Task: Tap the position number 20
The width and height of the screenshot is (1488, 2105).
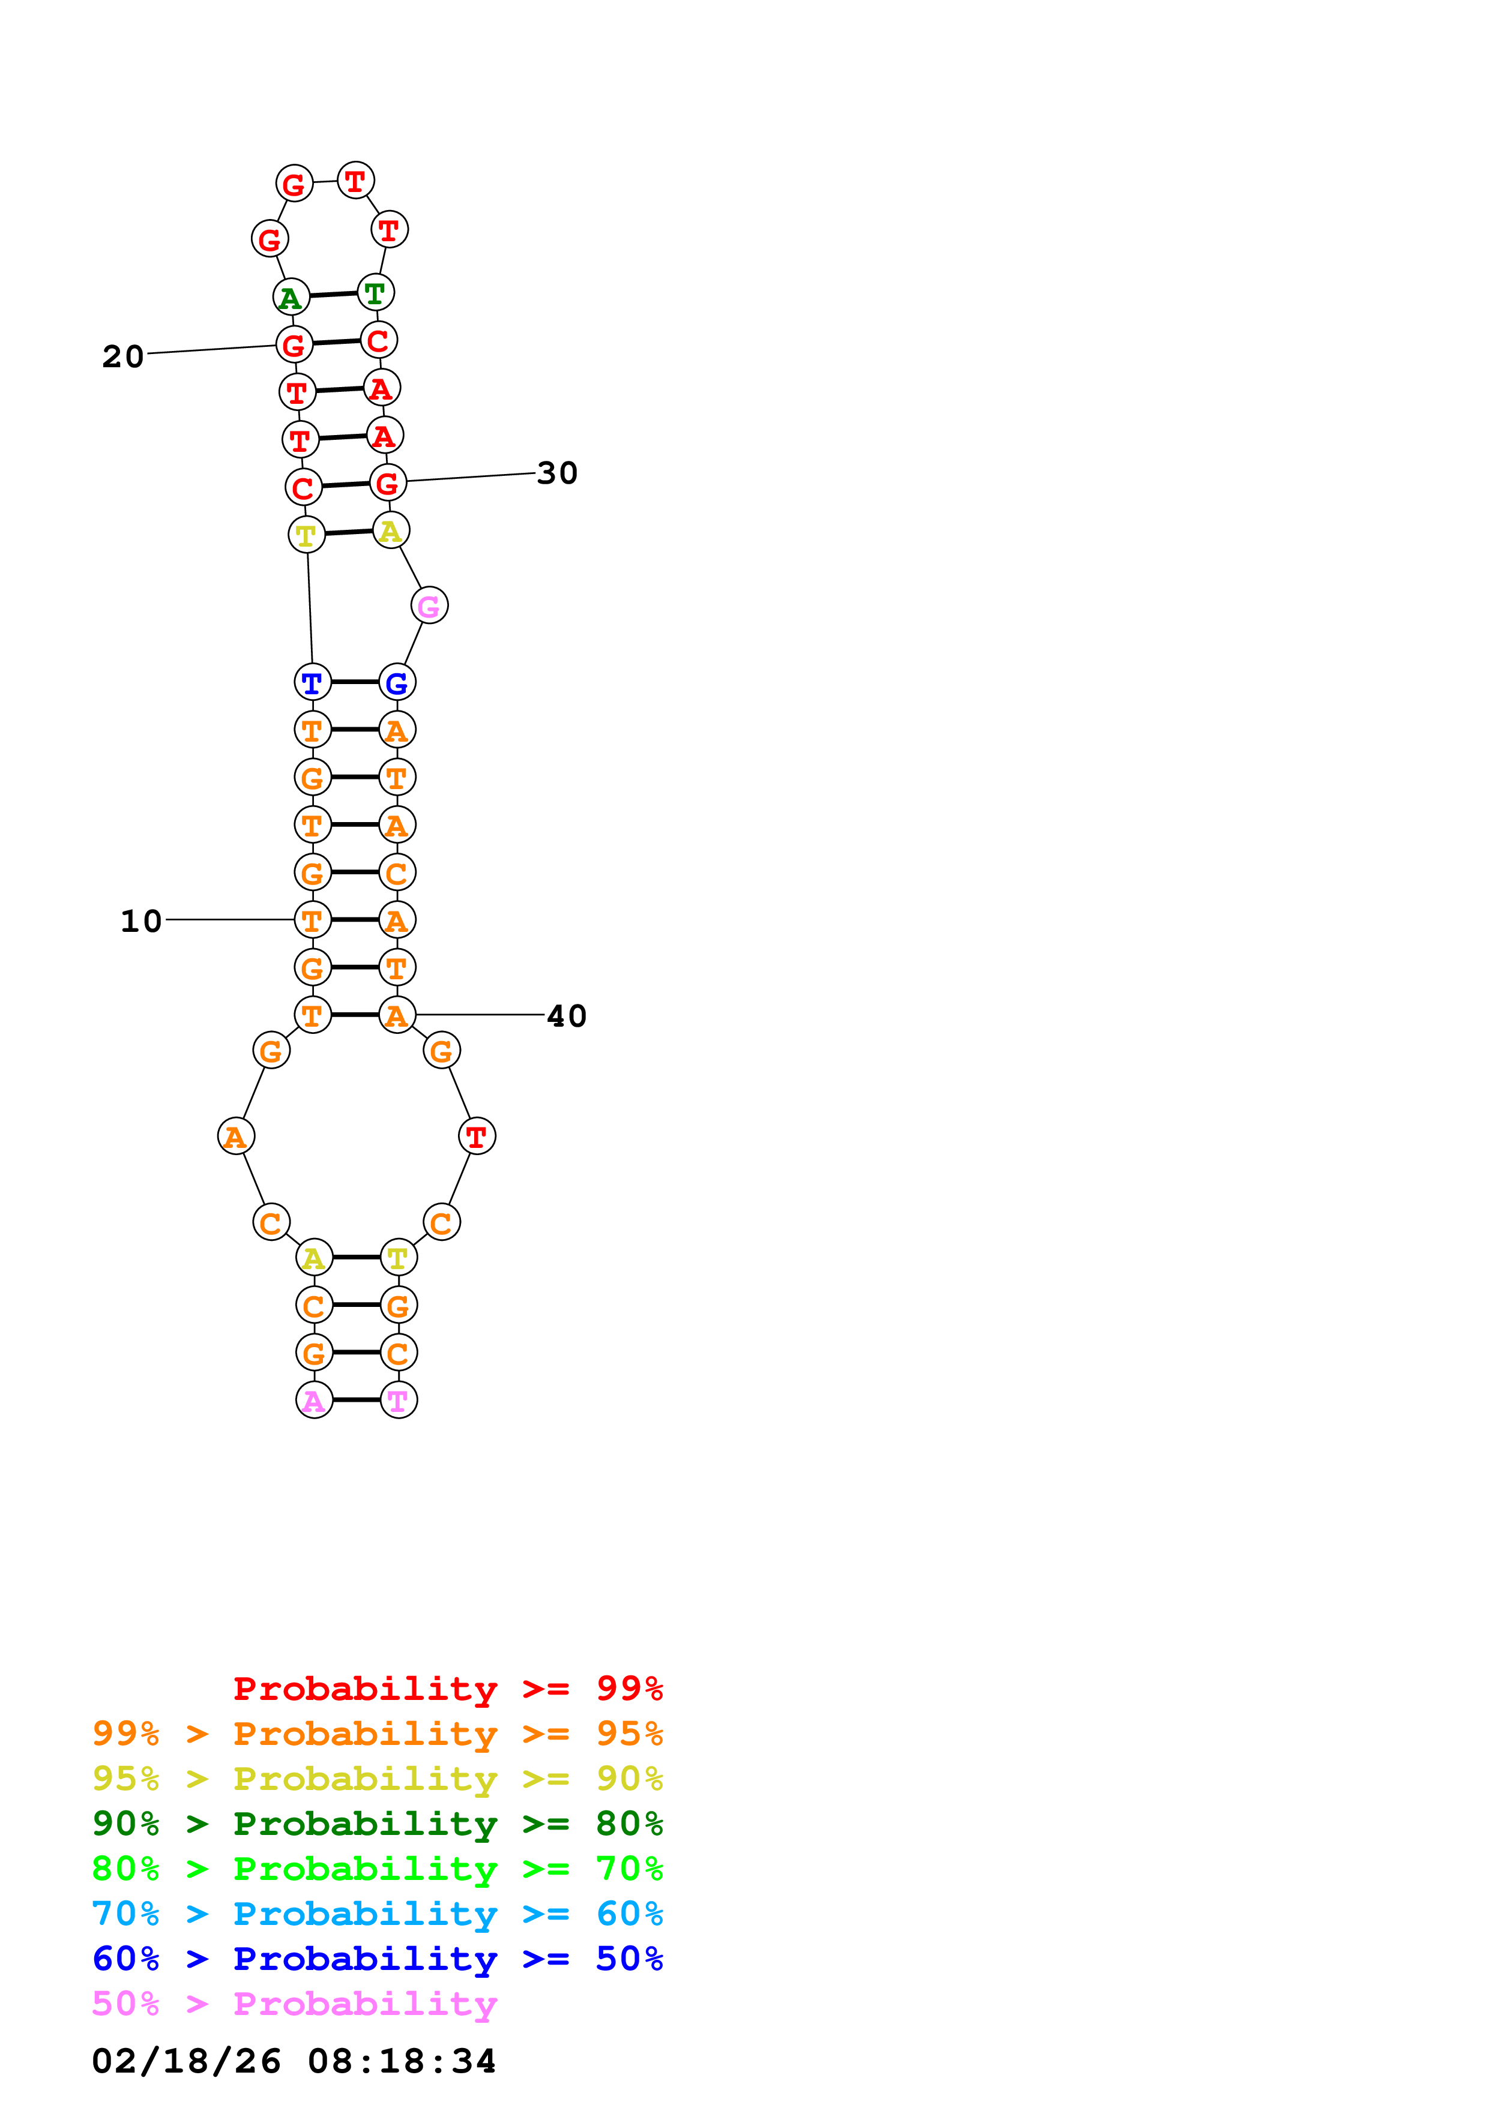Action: point(123,356)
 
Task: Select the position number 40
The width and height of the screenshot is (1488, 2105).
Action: point(567,1016)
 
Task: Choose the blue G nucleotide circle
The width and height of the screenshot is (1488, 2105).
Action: point(397,682)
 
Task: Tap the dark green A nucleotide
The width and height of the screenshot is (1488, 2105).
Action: point(291,297)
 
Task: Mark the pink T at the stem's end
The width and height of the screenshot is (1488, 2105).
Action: point(398,1400)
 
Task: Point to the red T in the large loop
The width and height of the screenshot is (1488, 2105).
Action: point(477,1136)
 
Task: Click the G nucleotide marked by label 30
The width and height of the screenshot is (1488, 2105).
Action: point(388,482)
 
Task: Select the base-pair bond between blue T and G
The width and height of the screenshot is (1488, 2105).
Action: point(355,682)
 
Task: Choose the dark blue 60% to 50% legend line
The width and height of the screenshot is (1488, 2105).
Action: point(377,1959)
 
